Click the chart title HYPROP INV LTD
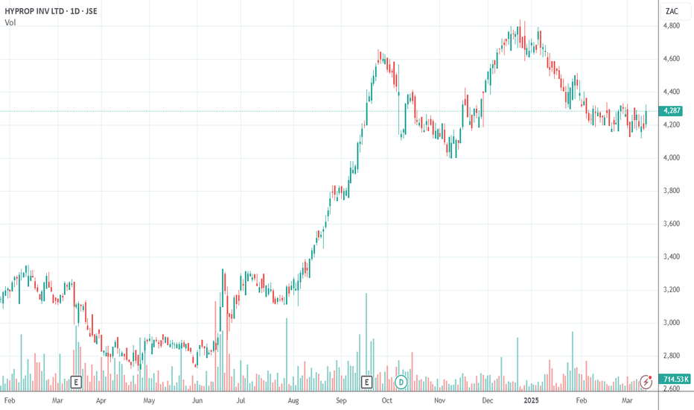pos(34,11)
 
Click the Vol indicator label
pos(10,22)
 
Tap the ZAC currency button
pos(672,11)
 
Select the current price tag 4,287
pos(672,111)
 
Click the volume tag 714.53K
pos(676,379)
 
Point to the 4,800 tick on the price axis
pos(672,26)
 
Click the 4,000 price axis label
pos(672,158)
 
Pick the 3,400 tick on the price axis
pos(672,256)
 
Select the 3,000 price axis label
pos(672,323)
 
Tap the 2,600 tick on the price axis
pos(672,388)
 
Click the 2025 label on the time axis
pos(531,401)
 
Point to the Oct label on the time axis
pos(386,401)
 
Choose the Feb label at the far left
pos(9,401)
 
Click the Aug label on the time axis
pos(293,401)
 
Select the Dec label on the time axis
pos(487,401)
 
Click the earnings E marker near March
pos(76,382)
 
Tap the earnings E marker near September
pos(366,382)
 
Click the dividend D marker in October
pos(401,382)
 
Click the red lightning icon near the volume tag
pos(646,381)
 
